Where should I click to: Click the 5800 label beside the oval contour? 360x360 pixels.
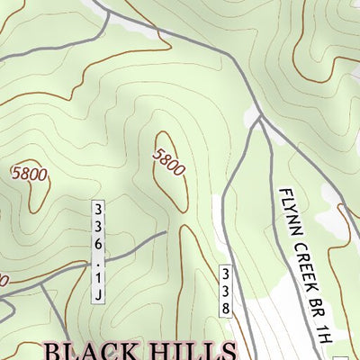click(168, 161)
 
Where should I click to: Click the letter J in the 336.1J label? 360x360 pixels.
click(97, 294)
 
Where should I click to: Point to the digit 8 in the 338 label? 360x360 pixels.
click(227, 308)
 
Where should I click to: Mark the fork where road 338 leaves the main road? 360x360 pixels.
click(259, 117)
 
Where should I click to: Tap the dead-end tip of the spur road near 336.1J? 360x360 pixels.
click(166, 233)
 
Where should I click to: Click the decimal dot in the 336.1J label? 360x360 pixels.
click(97, 265)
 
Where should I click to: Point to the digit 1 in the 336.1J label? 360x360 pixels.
click(97, 279)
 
